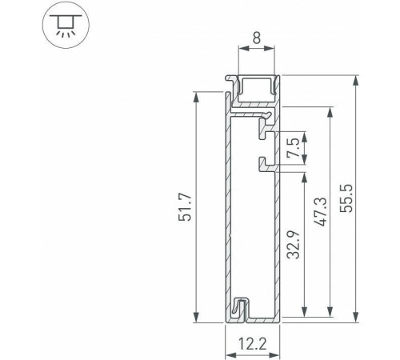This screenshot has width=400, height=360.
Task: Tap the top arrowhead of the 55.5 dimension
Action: [354, 80]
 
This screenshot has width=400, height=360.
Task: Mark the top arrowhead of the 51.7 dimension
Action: [194, 97]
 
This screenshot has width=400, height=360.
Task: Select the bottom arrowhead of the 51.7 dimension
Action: [194, 317]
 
